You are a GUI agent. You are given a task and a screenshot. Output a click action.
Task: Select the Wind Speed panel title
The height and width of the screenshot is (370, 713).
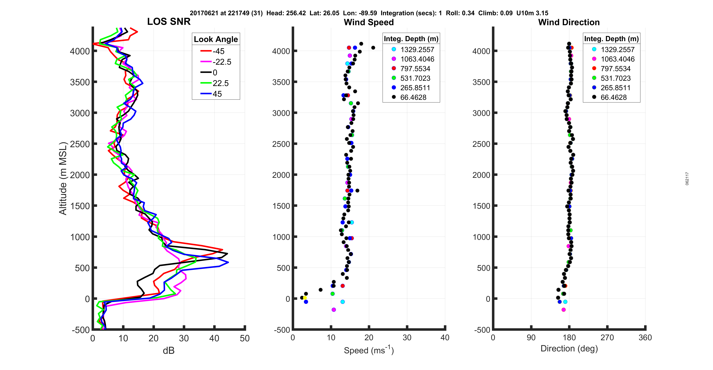tap(369, 22)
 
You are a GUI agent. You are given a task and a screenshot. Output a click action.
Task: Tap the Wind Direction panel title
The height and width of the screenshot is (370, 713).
tap(569, 22)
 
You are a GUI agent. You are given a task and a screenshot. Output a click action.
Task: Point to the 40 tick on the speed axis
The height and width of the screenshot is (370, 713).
tap(445, 338)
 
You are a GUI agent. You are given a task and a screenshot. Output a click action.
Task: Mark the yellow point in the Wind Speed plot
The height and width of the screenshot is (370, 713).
tap(305, 298)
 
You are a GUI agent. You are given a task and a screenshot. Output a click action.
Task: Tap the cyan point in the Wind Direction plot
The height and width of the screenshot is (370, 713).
tap(565, 302)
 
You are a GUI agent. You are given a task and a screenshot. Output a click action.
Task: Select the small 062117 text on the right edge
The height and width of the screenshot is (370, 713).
tap(687, 179)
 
